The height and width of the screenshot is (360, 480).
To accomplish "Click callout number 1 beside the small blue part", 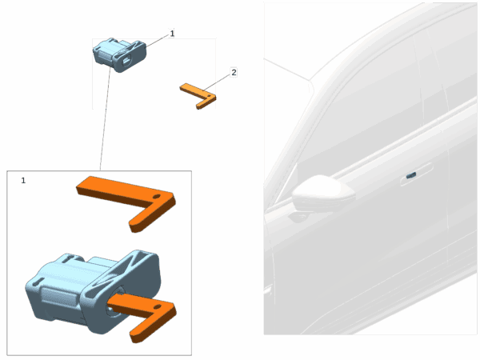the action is [x=172, y=34].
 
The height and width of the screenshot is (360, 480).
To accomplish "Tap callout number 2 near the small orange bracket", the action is [x=234, y=73].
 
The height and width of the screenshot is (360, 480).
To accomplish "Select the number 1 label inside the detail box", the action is [x=23, y=180].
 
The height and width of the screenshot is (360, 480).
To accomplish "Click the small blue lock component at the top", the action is [x=120, y=54].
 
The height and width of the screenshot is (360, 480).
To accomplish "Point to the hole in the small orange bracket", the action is [x=209, y=96].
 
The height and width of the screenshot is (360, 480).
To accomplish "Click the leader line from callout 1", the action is [x=157, y=41].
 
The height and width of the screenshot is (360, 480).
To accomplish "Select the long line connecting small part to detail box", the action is [x=105, y=118].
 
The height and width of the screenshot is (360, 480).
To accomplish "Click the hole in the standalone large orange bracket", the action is [x=157, y=196].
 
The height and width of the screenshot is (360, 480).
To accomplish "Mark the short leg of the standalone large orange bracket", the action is [x=150, y=215].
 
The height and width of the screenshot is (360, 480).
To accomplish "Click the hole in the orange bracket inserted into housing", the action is [x=157, y=306].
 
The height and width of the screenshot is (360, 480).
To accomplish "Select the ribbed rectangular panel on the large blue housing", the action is [x=59, y=297].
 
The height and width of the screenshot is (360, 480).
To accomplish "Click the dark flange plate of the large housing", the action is [x=122, y=291].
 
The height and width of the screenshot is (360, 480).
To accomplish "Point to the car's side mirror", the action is [x=323, y=194].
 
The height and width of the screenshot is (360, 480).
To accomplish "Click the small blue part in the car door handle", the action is [x=411, y=175].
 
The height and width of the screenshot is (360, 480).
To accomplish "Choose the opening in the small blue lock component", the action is [x=126, y=61].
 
